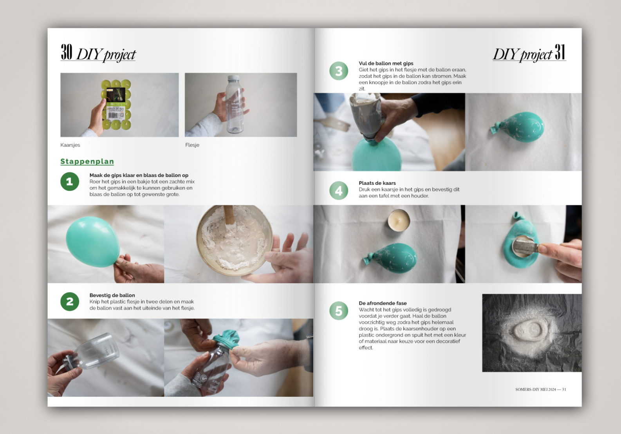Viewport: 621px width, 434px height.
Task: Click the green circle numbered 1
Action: (70, 182)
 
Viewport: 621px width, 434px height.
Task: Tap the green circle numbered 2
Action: (70, 302)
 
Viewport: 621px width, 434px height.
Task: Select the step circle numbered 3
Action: (339, 71)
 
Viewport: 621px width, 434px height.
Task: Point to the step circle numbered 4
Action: (339, 190)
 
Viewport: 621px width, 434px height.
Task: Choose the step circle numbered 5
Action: (339, 311)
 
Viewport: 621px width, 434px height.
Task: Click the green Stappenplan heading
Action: (87, 161)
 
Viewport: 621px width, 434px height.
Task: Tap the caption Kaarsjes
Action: (70, 145)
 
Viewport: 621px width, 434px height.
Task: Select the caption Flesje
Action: (192, 145)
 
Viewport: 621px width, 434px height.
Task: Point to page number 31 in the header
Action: (560, 52)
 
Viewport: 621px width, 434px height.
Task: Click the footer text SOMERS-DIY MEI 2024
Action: (535, 389)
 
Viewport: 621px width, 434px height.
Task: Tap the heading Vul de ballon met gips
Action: (386, 63)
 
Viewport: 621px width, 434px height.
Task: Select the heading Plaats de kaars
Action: (377, 183)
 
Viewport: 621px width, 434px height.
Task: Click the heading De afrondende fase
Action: (383, 303)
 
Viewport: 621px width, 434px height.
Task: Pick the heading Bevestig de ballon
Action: (112, 295)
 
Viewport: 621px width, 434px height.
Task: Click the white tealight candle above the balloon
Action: (399, 220)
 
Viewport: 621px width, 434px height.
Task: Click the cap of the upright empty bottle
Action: (233, 78)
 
